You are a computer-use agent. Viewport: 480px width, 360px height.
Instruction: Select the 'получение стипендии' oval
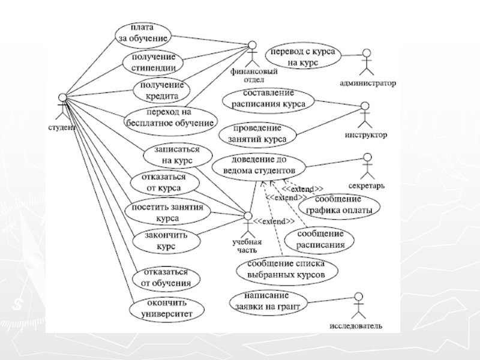point(152,61)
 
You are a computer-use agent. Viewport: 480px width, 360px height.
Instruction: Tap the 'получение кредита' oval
point(158,90)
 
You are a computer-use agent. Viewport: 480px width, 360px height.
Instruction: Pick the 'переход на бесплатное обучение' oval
point(170,118)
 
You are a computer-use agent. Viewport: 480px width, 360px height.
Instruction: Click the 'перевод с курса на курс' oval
point(304,56)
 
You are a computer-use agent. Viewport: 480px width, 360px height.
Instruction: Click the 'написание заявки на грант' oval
point(268,301)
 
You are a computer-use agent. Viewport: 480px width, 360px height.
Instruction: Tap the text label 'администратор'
point(368,83)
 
